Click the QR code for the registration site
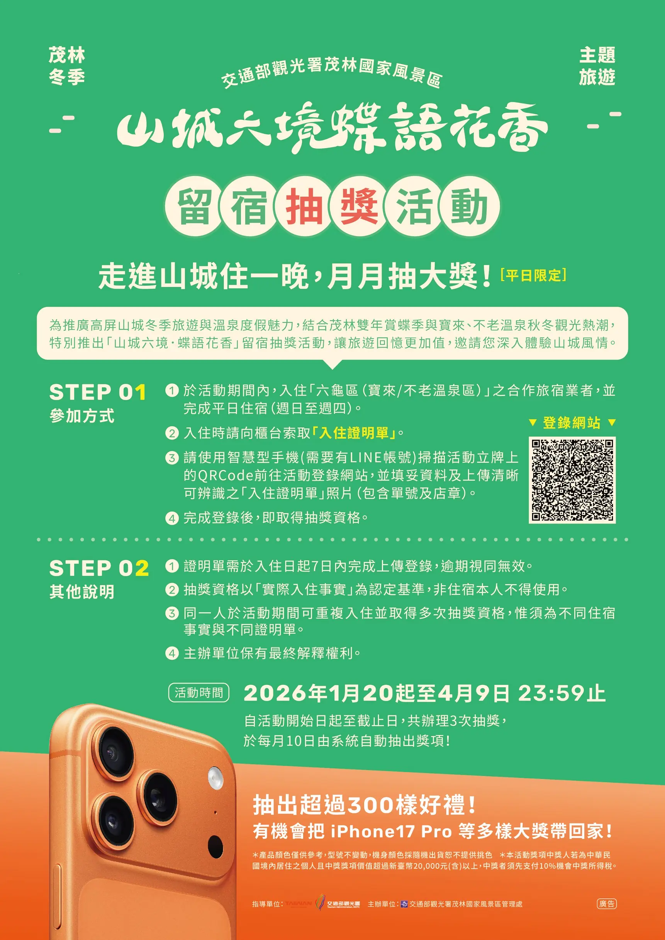572,480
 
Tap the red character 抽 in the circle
304,207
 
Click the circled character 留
195,207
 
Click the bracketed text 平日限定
533,275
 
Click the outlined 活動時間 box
198,693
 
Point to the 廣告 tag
606,904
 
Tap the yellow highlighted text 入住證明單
354,433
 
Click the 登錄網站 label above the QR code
572,422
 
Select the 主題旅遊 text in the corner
597,66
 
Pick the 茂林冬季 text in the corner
67,66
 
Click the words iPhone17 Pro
391,832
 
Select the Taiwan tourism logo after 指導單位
299,904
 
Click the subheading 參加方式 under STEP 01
82,416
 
